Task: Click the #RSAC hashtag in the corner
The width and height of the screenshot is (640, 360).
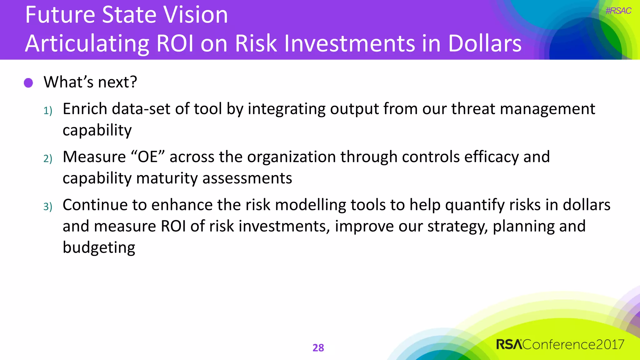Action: pos(618,11)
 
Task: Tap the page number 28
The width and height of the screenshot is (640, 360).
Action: pos(318,347)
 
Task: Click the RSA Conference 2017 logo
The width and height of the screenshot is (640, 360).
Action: pos(560,344)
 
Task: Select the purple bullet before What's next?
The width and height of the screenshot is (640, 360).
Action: pos(28,83)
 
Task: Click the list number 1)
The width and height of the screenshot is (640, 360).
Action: pos(47,111)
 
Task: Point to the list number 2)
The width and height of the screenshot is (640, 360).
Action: pos(47,159)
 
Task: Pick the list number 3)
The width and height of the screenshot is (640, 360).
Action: pos(47,207)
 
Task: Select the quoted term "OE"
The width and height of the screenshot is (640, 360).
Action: pos(148,157)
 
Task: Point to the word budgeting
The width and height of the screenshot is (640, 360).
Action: pos(99,248)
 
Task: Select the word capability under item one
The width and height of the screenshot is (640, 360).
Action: pos(97,130)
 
